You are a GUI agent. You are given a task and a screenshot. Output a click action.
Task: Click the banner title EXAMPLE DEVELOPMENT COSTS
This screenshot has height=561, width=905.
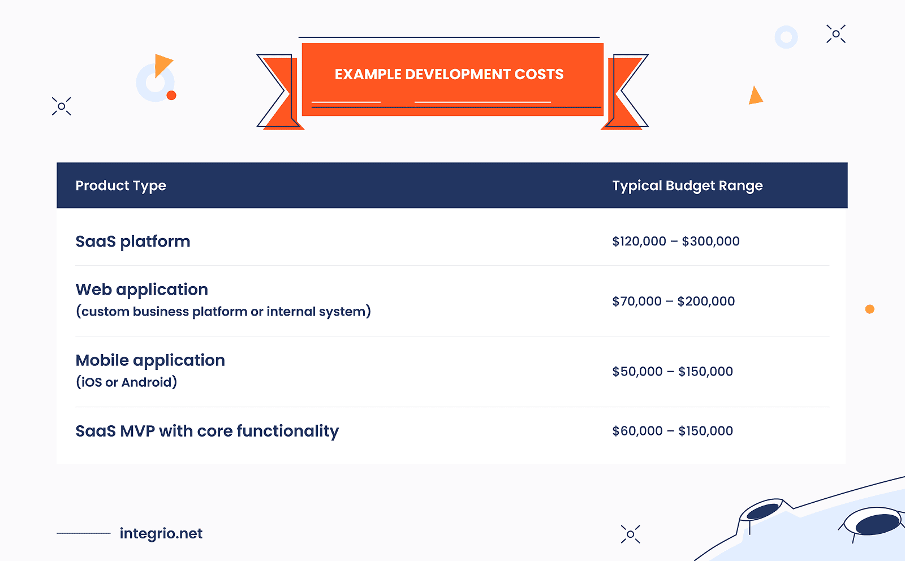(x=449, y=74)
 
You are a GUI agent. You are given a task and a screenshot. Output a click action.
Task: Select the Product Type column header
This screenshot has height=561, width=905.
(x=120, y=185)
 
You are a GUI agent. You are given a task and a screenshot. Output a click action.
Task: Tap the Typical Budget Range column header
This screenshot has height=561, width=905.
(x=687, y=185)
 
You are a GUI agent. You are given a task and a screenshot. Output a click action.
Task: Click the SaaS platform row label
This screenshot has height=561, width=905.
(x=133, y=241)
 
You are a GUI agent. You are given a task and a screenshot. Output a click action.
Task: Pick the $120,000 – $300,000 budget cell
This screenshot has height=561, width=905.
(x=675, y=241)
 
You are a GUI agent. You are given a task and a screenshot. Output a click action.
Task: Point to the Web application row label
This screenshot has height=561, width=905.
(x=142, y=290)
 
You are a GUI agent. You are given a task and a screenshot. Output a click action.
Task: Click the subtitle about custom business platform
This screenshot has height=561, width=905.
(x=223, y=312)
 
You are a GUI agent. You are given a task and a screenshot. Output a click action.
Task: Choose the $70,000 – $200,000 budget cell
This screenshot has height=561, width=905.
(x=673, y=301)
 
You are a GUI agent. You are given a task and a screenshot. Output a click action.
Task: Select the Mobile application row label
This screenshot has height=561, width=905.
(x=150, y=360)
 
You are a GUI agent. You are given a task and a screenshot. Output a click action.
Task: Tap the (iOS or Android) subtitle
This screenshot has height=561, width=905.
(x=127, y=382)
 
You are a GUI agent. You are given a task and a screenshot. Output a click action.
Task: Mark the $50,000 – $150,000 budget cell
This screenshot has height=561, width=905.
(x=672, y=372)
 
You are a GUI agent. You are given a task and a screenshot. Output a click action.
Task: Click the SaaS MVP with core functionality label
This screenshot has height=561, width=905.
(x=207, y=431)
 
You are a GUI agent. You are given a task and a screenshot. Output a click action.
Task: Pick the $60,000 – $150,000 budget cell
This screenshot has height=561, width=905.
(x=672, y=431)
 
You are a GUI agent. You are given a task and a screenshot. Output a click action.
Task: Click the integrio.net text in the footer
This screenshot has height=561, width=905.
(x=161, y=533)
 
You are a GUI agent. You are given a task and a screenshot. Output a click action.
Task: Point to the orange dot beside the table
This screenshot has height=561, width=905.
(x=870, y=309)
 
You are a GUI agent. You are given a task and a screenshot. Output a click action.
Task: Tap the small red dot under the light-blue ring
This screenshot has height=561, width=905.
(x=171, y=96)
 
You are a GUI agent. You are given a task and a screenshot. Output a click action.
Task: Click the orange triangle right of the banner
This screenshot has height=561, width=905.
(x=755, y=96)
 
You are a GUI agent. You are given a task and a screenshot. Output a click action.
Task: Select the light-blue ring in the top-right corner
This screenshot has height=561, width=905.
(x=786, y=37)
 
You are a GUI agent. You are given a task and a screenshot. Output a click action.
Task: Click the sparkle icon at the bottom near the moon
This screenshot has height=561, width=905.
(x=631, y=534)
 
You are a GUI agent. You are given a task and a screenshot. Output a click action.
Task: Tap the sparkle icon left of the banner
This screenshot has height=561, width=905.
(x=62, y=106)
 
